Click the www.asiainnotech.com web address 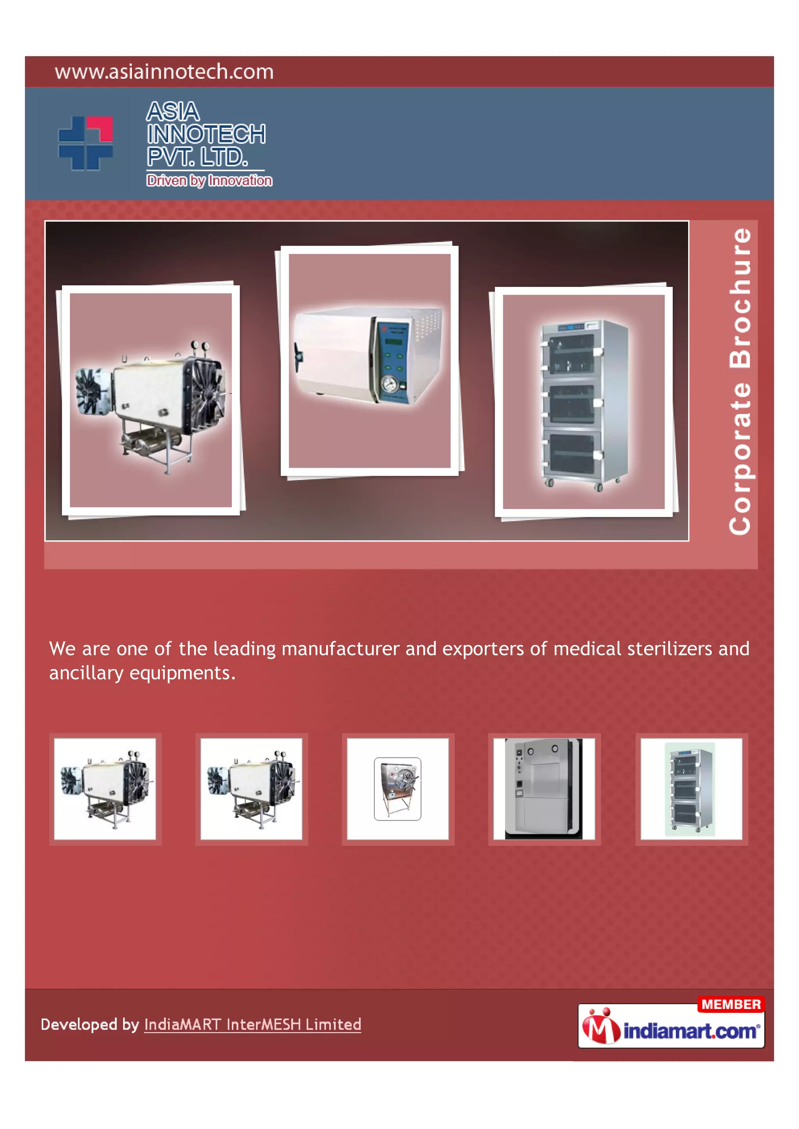pos(164,72)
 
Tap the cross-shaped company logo pos(85,143)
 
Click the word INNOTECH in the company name pos(206,134)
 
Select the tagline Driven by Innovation pos(209,180)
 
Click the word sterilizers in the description pos(670,649)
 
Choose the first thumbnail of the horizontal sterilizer pos(105,789)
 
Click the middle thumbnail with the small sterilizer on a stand pos(398,789)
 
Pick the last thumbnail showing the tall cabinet pos(691,789)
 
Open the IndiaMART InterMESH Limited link pos(252,1024)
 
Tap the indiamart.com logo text pos(690,1031)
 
